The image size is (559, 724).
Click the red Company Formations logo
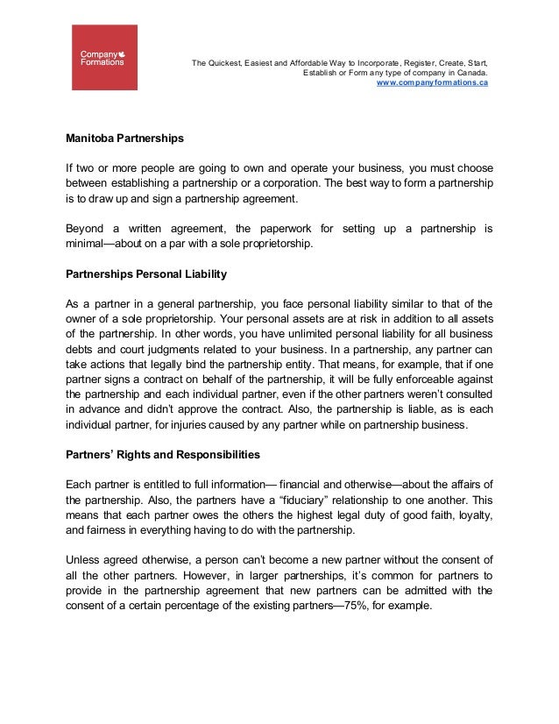click(x=104, y=57)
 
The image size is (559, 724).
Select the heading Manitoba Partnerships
click(x=124, y=138)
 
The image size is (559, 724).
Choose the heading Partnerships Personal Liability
click(x=146, y=274)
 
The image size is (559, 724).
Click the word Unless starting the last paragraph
click(x=85, y=560)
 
